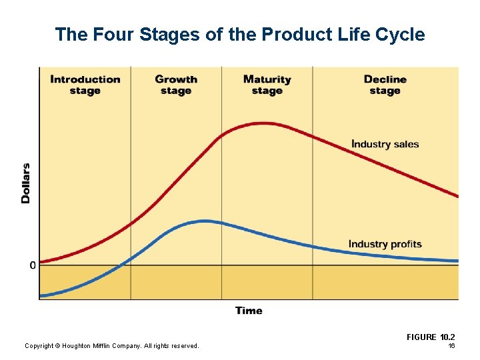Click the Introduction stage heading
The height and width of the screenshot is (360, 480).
[x=85, y=85]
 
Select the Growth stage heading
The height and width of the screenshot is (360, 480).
[x=176, y=85]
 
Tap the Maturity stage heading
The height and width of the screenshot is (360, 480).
[x=267, y=85]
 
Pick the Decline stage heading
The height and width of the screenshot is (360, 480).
[x=385, y=85]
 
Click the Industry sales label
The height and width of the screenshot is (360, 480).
[x=385, y=144]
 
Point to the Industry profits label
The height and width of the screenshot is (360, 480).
[x=385, y=244]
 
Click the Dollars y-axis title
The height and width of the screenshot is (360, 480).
[x=26, y=183]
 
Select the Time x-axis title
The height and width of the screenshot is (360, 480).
[x=249, y=311]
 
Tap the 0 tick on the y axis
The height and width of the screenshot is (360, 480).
[x=33, y=265]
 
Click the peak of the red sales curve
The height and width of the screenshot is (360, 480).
[x=265, y=123]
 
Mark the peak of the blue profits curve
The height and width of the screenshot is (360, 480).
[x=205, y=221]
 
